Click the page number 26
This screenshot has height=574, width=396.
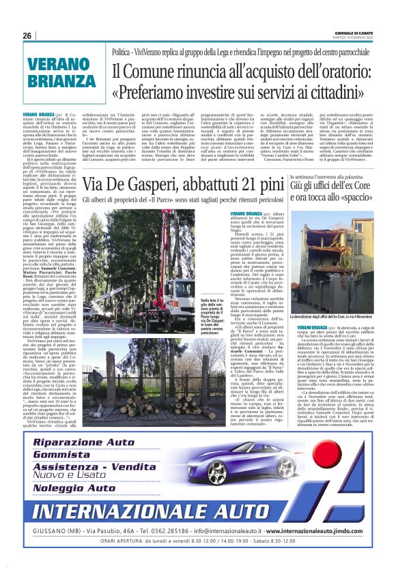coord(27,35)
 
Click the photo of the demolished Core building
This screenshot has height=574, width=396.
coord(334,256)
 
